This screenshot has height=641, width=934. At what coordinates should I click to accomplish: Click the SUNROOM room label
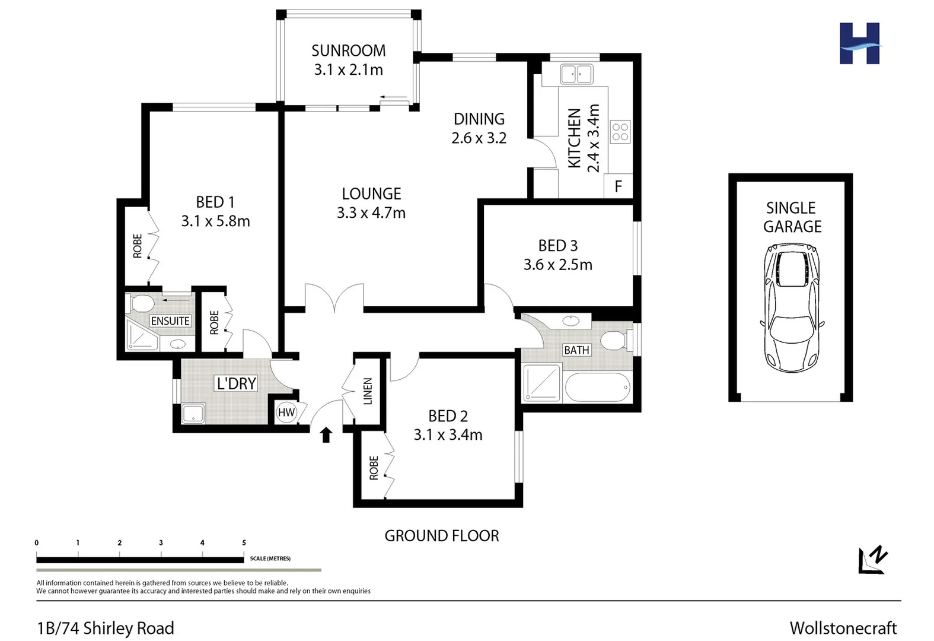point(348,51)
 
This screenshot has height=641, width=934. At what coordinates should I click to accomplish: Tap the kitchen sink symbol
point(576,75)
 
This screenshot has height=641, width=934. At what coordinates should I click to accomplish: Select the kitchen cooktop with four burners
point(620,132)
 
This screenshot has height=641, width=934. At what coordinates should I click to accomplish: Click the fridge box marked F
point(618,187)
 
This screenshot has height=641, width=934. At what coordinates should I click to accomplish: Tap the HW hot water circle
point(286,412)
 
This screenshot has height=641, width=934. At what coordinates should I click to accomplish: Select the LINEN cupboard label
point(367,391)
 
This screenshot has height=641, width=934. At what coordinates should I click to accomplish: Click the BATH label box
point(576,350)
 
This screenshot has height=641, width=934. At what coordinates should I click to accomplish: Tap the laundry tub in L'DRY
point(193,413)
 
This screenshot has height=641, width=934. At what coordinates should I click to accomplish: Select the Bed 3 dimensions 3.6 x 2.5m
point(557,265)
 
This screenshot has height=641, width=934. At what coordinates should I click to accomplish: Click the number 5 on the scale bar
point(244,542)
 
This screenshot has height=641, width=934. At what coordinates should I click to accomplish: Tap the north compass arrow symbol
point(873,560)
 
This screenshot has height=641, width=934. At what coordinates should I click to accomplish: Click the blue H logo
point(859,43)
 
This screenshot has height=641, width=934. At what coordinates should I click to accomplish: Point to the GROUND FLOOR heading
point(441,536)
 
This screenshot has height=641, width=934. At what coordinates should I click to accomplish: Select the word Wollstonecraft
point(843,628)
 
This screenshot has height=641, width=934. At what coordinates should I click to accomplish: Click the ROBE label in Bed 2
point(374,468)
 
